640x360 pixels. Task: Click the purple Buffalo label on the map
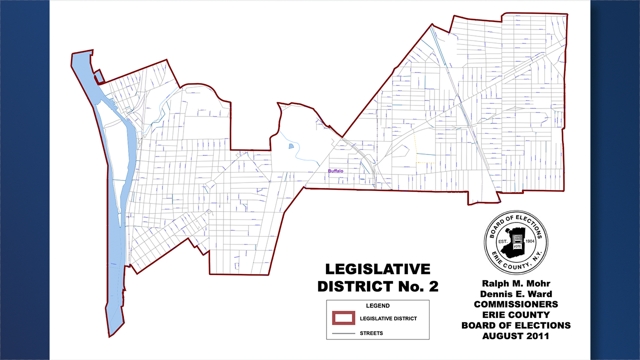pos(336,171)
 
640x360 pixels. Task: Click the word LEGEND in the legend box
pos(377,305)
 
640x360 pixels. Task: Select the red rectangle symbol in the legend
pos(344,318)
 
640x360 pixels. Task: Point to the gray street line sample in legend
pos(344,333)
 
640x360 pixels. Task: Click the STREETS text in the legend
pos(371,333)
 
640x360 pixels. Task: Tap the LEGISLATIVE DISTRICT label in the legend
pos(388,318)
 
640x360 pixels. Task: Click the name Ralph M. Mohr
pos(515,283)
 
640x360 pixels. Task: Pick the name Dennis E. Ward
pos(515,294)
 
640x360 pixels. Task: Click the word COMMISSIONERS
pos(515,304)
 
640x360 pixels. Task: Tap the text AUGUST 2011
pos(515,336)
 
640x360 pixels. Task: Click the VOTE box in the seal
pos(517,246)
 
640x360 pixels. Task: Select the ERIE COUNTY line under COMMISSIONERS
pos(515,315)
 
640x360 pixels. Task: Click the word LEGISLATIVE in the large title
pos(377,269)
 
